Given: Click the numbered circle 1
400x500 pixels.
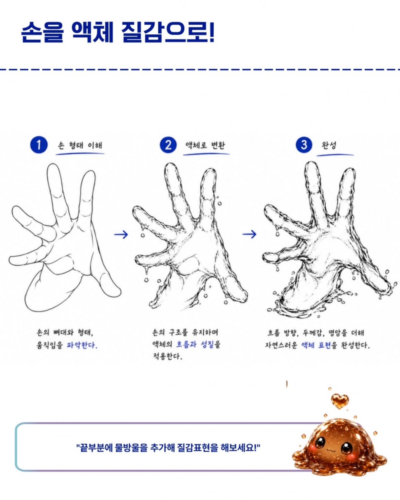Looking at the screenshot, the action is [39, 145].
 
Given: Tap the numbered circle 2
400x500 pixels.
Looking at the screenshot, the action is [168, 145].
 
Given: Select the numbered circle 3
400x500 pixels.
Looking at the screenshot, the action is [304, 144].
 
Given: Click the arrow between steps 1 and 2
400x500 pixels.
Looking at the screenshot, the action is [121, 234].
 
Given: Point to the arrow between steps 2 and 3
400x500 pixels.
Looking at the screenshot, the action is [249, 234].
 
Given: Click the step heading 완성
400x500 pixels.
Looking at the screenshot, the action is [329, 146].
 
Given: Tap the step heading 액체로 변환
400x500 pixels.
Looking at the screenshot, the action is [205, 146].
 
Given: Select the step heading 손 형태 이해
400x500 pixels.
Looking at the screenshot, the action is [80, 146].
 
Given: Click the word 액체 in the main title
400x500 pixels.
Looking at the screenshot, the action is [92, 32].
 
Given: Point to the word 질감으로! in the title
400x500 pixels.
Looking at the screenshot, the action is [168, 32].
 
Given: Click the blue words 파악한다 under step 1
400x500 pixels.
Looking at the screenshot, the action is [82, 345].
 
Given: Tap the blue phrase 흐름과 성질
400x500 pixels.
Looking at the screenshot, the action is [195, 344].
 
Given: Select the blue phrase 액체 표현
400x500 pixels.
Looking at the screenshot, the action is [316, 345].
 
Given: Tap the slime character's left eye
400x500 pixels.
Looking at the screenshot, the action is [320, 442].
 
